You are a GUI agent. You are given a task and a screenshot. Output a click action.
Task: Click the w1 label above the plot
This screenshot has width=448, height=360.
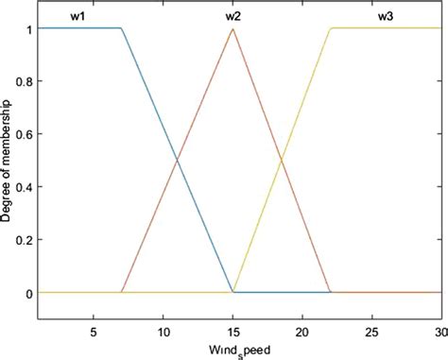pos(78,17)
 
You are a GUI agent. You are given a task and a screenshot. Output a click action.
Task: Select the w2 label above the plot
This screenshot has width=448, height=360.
pos(233,17)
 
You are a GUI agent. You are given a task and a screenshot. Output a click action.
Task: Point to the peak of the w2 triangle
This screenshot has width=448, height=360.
pos(233,28)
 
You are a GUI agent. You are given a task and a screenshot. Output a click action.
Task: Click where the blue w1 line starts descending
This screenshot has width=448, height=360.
pos(121,28)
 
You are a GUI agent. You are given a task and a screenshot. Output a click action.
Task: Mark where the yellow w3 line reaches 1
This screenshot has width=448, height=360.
pos(330,28)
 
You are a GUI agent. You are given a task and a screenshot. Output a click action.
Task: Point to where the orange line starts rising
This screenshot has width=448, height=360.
pos(121,293)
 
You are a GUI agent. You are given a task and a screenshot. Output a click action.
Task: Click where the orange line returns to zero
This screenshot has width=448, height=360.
pos(330,293)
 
